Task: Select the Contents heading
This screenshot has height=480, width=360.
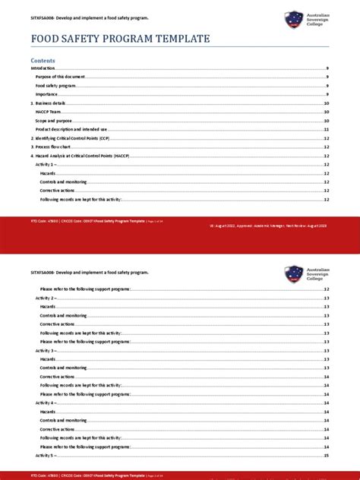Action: pyautogui.click(x=43, y=60)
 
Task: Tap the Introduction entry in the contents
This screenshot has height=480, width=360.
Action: pyautogui.click(x=43, y=68)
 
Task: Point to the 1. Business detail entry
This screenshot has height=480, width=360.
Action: pyautogui.click(x=49, y=103)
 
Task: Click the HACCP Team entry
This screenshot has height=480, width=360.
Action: pyautogui.click(x=48, y=112)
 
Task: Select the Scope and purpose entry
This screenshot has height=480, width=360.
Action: pyautogui.click(x=52, y=121)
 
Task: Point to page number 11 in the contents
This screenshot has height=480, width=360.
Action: pyautogui.click(x=326, y=129)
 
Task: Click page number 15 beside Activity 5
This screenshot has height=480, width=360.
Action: pyautogui.click(x=326, y=456)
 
